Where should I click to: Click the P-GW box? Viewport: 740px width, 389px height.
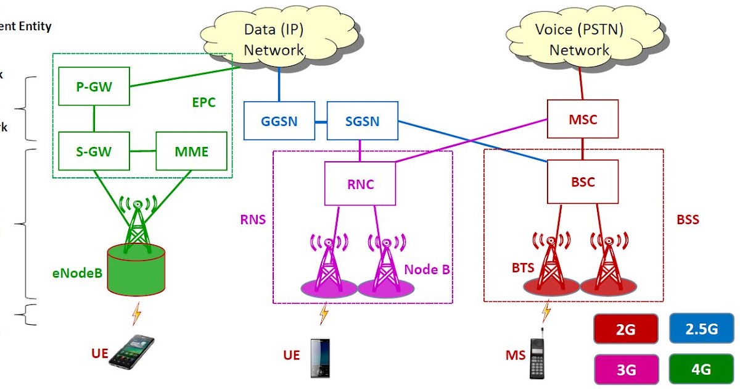94,87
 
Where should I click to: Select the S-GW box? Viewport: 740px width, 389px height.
94,151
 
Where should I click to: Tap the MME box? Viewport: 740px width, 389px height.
191,151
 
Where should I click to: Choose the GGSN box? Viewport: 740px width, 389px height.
279,121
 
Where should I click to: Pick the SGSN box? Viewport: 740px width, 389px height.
362,121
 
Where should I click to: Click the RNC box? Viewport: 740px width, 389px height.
360,184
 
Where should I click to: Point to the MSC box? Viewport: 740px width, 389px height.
583,119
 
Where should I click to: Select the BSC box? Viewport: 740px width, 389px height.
583,182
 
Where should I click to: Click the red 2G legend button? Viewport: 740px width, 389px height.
625,329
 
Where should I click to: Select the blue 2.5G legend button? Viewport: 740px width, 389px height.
702,329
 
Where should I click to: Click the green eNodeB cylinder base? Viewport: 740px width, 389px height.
136,272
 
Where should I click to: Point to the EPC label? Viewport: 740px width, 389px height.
203,102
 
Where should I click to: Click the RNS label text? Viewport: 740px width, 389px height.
253,219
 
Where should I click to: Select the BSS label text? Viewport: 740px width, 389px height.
688,219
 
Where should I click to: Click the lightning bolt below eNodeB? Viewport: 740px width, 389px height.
136,314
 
